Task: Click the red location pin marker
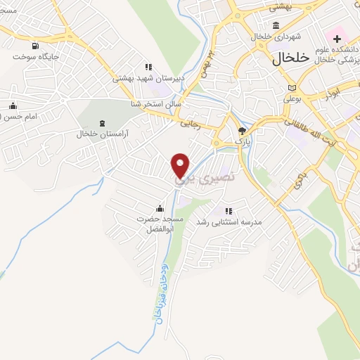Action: coord(181,165)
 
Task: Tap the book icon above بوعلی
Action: coord(292,87)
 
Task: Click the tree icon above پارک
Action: coord(243,130)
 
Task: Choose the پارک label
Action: coord(243,141)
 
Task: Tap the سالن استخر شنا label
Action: coord(156,103)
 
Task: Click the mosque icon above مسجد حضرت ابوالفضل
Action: coord(160,207)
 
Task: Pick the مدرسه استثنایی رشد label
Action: coord(251,222)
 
